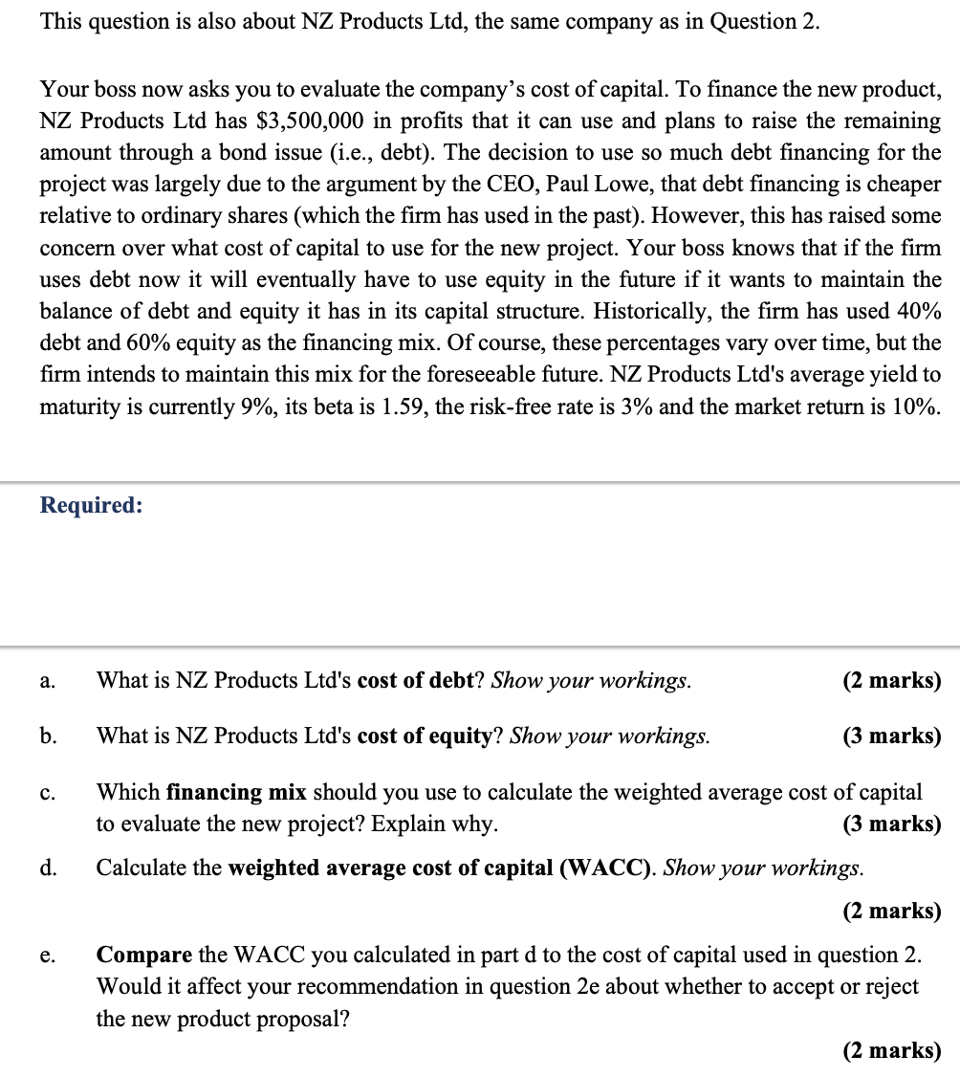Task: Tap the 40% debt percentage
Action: pos(916,312)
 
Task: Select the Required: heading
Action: pos(91,505)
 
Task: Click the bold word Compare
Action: pos(143,956)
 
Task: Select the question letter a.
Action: pos(46,681)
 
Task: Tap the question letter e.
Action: pos(46,956)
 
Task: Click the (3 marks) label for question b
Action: pos(891,736)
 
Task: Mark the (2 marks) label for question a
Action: pos(891,681)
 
